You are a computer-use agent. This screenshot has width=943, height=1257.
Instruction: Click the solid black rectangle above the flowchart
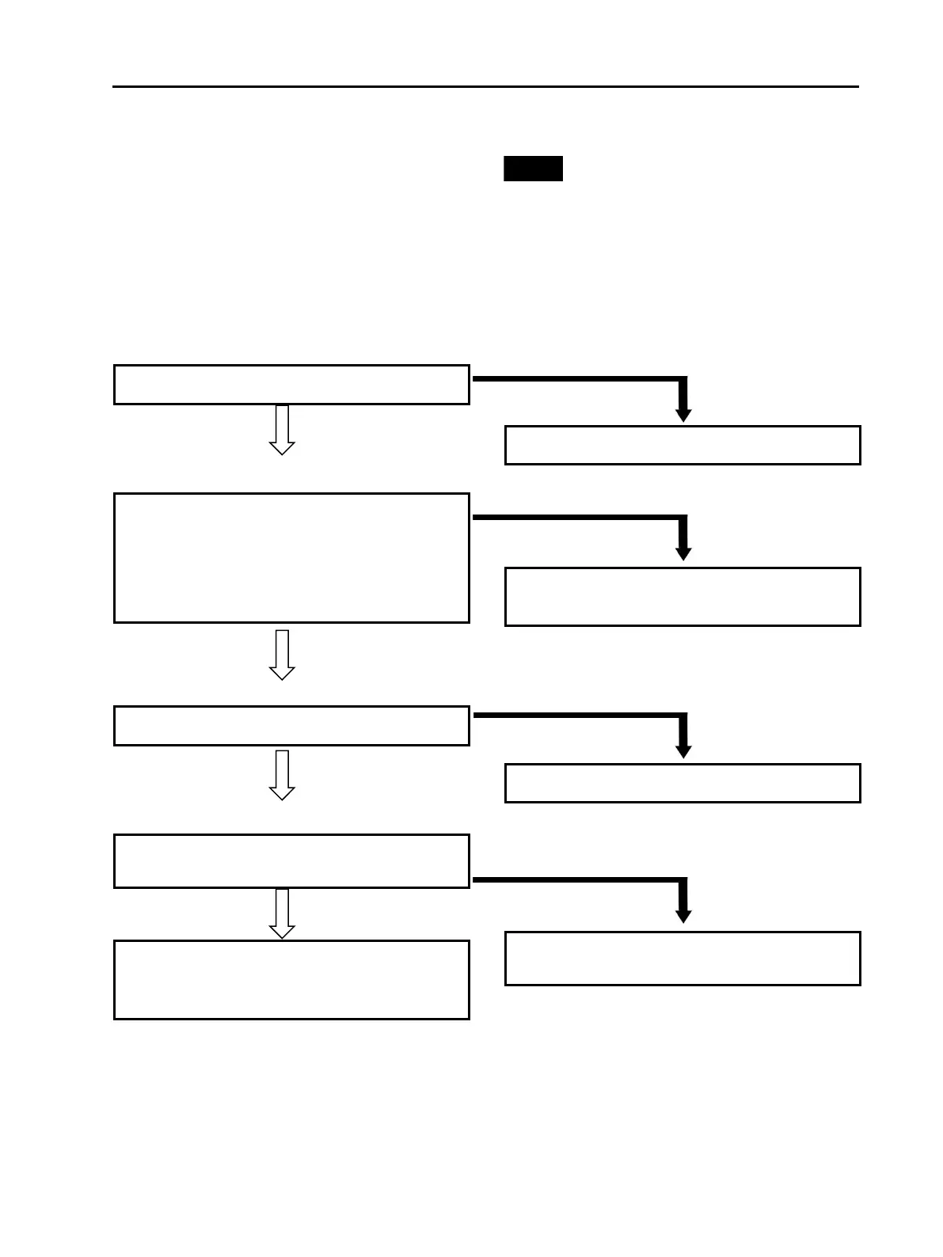(533, 169)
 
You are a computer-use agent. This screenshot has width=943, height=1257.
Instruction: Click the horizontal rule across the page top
(485, 86)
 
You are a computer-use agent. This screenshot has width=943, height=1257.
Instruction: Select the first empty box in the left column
(291, 385)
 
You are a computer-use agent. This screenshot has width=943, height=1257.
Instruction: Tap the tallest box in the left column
(291, 558)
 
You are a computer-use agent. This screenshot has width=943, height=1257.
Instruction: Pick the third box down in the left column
(291, 726)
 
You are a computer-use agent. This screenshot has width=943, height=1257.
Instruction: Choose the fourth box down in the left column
(291, 861)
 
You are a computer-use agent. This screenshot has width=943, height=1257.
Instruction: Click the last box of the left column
(291, 980)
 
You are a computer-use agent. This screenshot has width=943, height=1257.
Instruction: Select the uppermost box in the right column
(683, 445)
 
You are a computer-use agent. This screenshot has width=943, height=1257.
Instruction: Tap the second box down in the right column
(683, 597)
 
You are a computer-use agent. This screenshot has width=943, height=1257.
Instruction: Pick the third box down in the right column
(683, 784)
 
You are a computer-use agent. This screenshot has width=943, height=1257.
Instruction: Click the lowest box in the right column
(683, 959)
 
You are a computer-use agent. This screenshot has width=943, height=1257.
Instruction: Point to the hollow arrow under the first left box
(282, 431)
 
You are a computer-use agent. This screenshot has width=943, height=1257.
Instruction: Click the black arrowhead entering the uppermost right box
(683, 415)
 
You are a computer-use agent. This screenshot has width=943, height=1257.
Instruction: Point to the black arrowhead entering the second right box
(683, 553)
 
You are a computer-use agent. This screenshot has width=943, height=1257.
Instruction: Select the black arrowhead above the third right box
(683, 751)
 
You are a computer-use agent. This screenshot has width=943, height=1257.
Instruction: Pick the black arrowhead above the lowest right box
(683, 916)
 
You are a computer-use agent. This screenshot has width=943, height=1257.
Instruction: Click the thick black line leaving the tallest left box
(578, 518)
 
